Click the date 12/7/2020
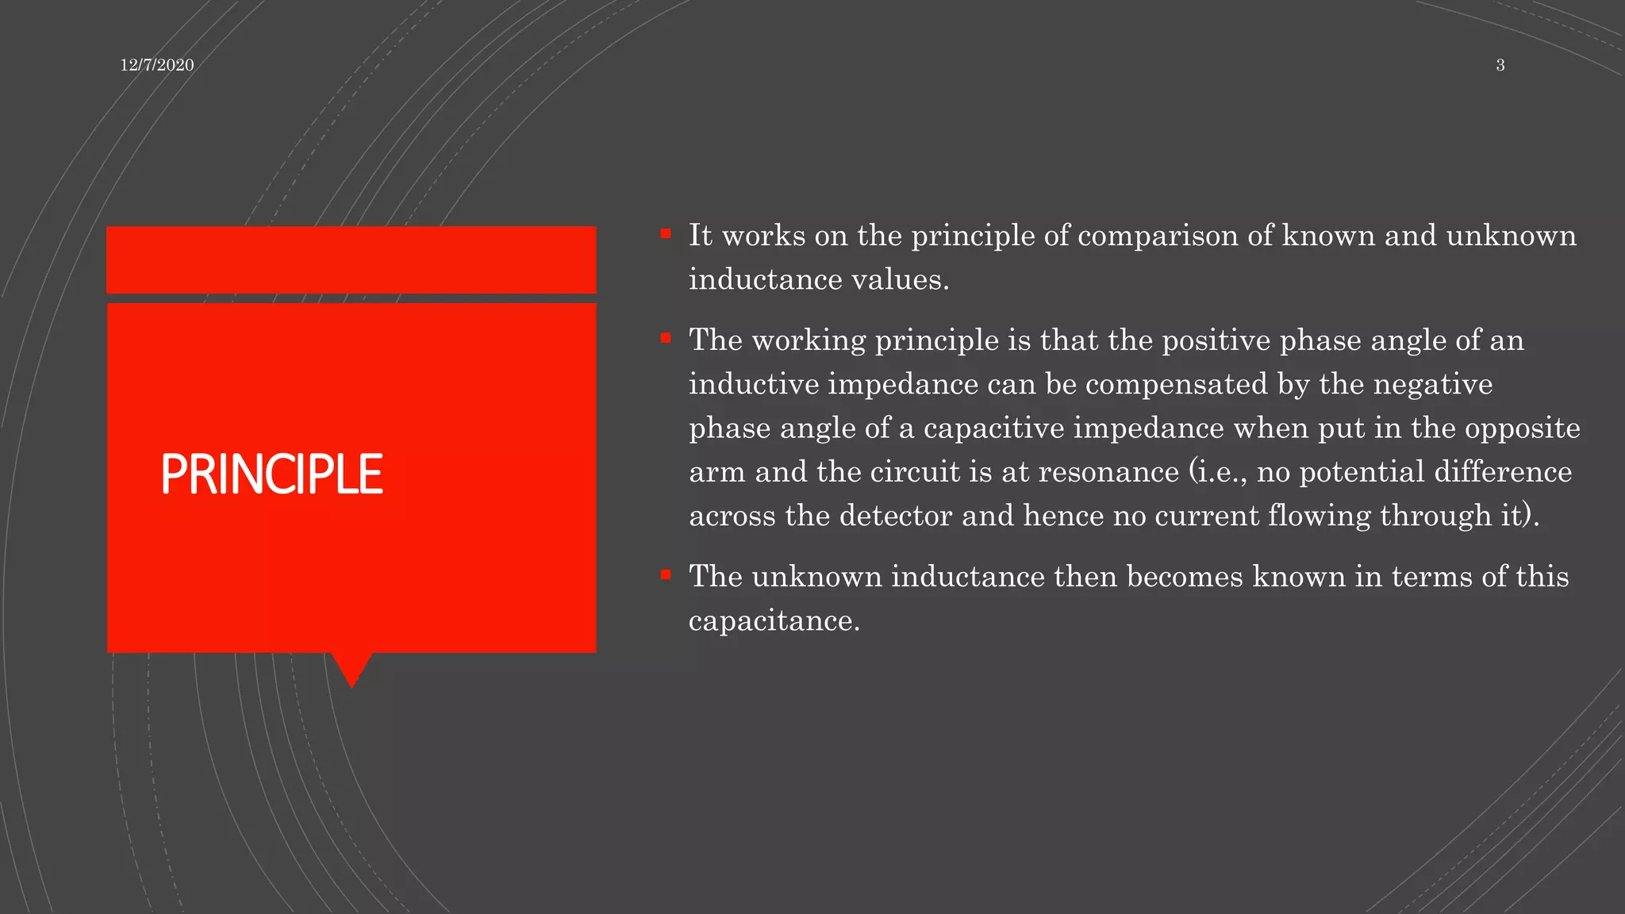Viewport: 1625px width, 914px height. point(156,65)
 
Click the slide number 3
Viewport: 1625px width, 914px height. point(1500,65)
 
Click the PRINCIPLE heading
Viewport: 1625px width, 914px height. point(271,474)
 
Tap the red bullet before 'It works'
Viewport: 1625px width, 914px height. point(666,233)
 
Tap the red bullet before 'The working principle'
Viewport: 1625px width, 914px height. point(666,338)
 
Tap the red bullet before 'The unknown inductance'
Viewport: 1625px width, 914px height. point(666,574)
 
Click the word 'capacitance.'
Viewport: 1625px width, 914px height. point(774,620)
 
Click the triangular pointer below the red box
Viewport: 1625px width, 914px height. point(352,666)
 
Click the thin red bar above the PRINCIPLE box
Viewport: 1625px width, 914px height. point(351,259)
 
